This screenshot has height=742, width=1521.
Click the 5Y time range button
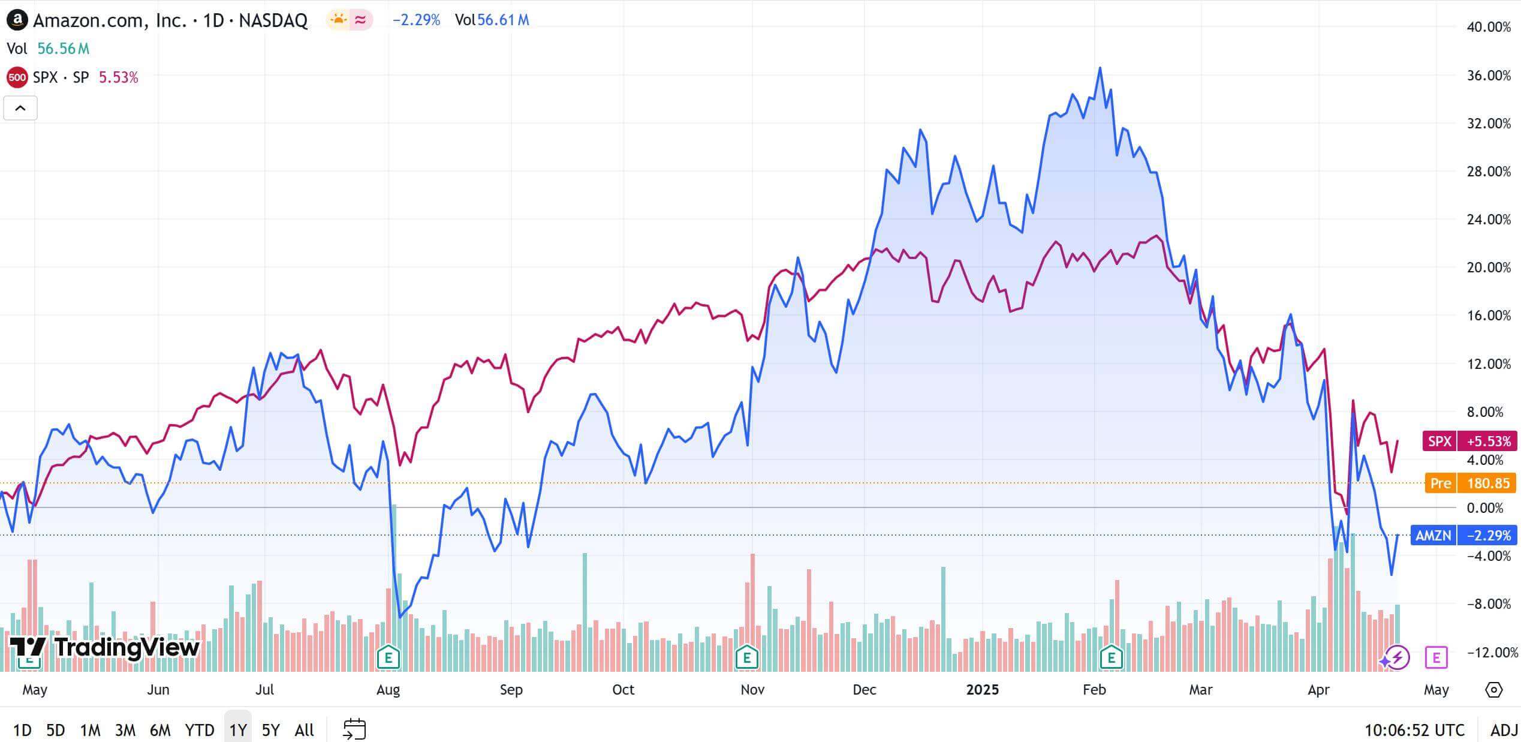pyautogui.click(x=271, y=730)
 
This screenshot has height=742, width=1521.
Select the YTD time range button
pyautogui.click(x=199, y=730)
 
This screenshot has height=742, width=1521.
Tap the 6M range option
pyautogui.click(x=160, y=730)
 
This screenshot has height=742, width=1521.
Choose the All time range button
pyautogui.click(x=304, y=730)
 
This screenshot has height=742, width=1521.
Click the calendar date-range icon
pyautogui.click(x=354, y=729)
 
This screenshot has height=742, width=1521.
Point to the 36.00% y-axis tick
pyautogui.click(x=1488, y=76)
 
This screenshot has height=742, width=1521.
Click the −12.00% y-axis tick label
pyautogui.click(x=1488, y=652)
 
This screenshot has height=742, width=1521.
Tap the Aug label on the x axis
pyautogui.click(x=388, y=690)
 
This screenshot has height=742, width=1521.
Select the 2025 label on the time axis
pyautogui.click(x=982, y=690)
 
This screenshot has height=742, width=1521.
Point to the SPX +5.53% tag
pyautogui.click(x=1469, y=441)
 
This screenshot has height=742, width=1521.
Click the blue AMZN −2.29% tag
pyautogui.click(x=1463, y=535)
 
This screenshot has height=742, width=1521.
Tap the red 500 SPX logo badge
pyautogui.click(x=17, y=77)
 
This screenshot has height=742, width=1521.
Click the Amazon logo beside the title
pyautogui.click(x=17, y=20)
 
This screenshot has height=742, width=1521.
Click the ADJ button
pyautogui.click(x=1504, y=730)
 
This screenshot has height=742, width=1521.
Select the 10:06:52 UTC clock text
pyautogui.click(x=1414, y=730)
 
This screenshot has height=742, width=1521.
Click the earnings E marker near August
pyautogui.click(x=388, y=657)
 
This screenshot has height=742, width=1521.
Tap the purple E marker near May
pyautogui.click(x=1436, y=657)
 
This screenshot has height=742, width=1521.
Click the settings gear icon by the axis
pyautogui.click(x=1493, y=690)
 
